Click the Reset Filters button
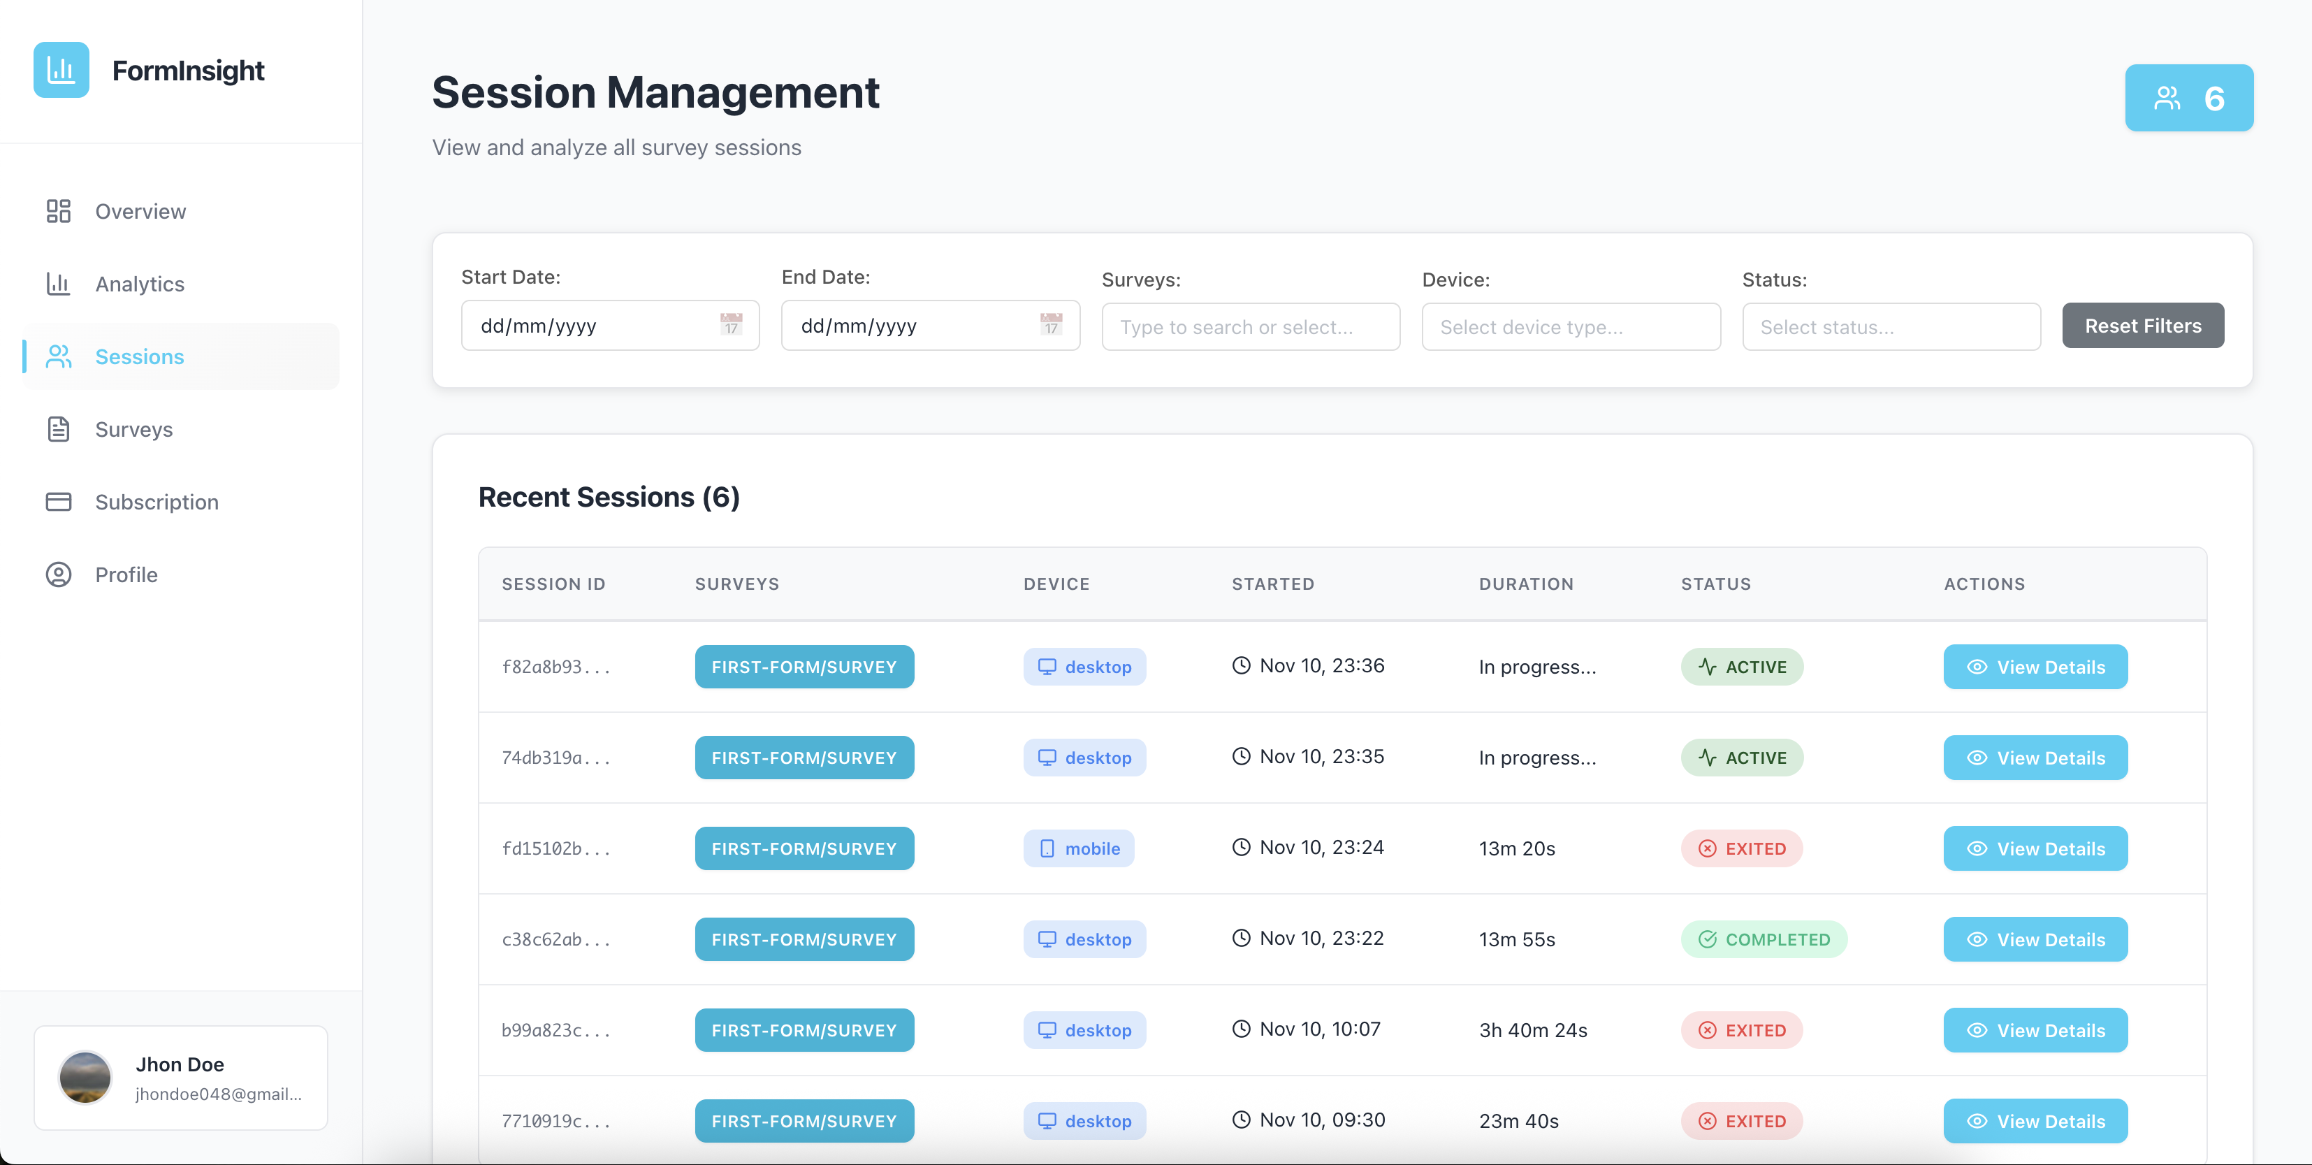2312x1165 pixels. [x=2142, y=325]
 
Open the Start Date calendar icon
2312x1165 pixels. [x=731, y=324]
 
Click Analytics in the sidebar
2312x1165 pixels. [x=139, y=284]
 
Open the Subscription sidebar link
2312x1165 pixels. [x=157, y=502]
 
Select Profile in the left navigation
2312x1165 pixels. [x=126, y=574]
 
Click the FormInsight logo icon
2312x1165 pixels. [x=61, y=70]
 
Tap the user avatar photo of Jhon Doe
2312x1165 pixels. [x=85, y=1077]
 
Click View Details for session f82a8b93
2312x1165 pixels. [x=2035, y=667]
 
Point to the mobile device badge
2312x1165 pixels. [x=1079, y=848]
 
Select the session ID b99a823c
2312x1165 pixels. [x=555, y=1030]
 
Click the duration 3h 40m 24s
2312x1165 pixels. [x=1533, y=1030]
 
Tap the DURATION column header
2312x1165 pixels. [x=1526, y=584]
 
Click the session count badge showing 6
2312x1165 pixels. [x=2188, y=98]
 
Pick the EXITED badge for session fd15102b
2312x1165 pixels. [x=1741, y=848]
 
